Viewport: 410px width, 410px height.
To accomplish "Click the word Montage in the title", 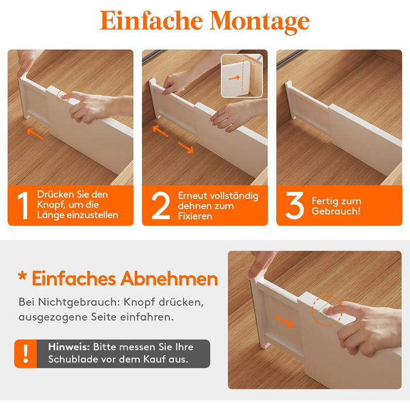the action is point(259,22).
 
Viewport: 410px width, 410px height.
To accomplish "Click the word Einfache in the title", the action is point(151,20).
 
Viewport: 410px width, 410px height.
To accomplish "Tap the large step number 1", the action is point(23,206).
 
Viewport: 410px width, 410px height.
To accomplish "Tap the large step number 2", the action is point(160,206).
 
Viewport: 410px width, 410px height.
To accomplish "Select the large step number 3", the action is point(295,206).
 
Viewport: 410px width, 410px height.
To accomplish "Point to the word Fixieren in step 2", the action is point(195,216).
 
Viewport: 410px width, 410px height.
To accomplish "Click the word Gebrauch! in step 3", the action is point(336,211).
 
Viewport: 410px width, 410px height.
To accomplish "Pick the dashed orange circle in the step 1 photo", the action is point(63,96).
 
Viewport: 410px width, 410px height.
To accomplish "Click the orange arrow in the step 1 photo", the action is point(35,133).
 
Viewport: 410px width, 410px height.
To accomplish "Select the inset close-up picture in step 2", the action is point(242,76).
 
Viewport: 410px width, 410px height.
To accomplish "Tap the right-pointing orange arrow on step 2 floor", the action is point(186,148).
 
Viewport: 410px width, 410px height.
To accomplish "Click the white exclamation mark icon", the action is point(26,354).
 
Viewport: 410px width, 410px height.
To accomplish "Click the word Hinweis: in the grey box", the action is point(69,347).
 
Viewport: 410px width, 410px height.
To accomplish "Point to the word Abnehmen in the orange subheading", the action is point(169,279).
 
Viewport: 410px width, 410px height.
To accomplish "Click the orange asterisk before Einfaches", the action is point(22,276).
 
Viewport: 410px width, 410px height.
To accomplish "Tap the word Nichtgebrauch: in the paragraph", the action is point(78,303).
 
